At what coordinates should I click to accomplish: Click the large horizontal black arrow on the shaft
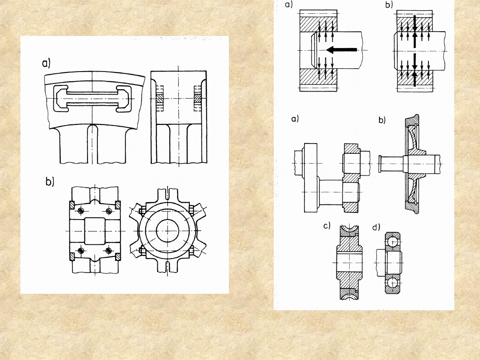coord(342,50)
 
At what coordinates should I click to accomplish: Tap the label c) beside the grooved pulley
coord(327,226)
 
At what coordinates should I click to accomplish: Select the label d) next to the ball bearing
coord(376,227)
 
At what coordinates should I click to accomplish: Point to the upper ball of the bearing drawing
coord(393,242)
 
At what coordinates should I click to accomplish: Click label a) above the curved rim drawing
coord(46,64)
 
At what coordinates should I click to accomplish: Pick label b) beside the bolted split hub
coord(50,181)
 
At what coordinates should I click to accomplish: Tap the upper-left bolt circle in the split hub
coord(81,211)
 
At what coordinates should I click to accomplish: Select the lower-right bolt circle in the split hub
coord(108,251)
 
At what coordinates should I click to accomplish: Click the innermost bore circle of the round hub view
coord(167,231)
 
